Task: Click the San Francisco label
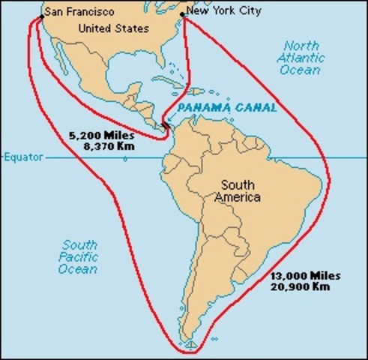(78, 12)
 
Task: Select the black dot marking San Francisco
(42, 15)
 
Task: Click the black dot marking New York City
(183, 14)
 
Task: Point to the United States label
(113, 28)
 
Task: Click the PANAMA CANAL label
(226, 108)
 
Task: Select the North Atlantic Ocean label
(301, 57)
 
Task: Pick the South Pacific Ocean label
(79, 256)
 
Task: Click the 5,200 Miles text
(93, 136)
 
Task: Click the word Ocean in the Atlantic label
(301, 70)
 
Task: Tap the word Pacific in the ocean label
(79, 256)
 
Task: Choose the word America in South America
(237, 197)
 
